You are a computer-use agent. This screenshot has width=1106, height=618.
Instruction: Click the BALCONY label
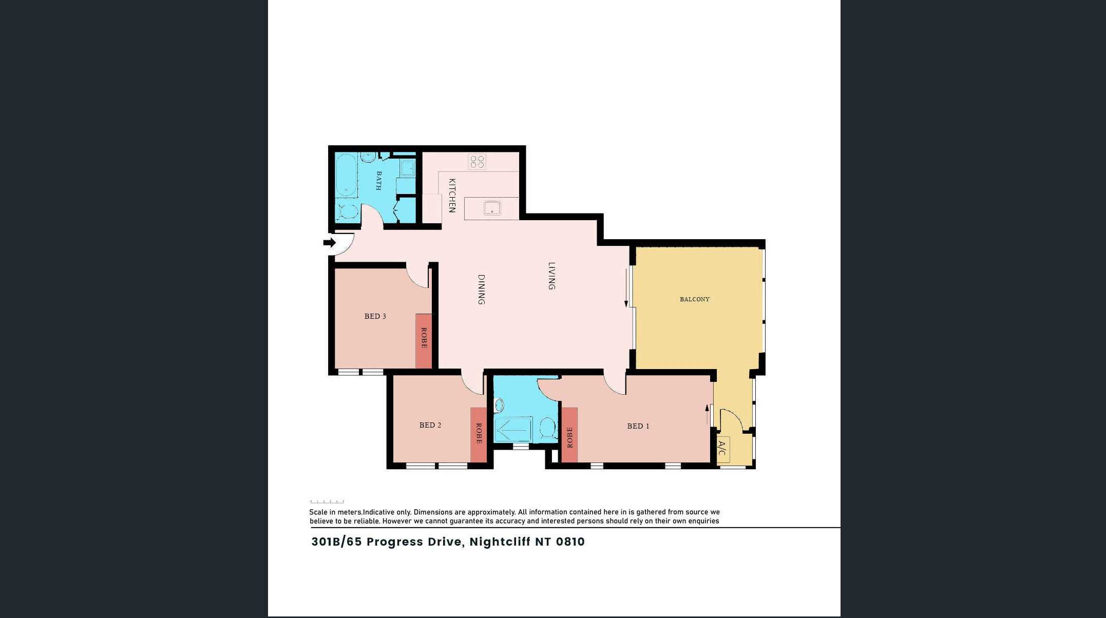click(x=694, y=299)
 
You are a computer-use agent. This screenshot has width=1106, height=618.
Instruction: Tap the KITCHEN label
click(x=452, y=196)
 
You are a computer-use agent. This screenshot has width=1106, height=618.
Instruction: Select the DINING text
click(x=481, y=289)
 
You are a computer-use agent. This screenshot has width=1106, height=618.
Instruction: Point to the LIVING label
click(x=551, y=276)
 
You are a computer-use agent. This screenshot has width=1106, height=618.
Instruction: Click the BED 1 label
click(x=638, y=426)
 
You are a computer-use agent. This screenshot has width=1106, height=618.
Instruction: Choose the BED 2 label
click(x=430, y=425)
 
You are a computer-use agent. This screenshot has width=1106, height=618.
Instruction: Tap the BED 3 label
click(x=375, y=316)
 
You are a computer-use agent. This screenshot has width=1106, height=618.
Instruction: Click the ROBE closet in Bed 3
click(x=424, y=341)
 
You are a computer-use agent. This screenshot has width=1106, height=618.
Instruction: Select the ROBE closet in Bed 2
click(x=479, y=435)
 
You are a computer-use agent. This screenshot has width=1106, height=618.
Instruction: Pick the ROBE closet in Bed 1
click(x=569, y=435)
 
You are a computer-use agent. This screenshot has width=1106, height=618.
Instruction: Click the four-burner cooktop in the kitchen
click(x=477, y=162)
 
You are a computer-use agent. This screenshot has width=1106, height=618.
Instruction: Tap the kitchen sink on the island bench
click(x=492, y=208)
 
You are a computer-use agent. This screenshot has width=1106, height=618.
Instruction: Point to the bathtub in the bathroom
click(x=347, y=175)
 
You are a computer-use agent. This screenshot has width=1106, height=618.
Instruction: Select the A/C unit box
click(x=722, y=449)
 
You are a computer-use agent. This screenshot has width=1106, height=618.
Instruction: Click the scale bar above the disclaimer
click(x=327, y=501)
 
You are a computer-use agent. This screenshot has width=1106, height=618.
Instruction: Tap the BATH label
click(x=379, y=181)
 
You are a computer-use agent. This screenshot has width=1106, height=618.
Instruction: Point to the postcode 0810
click(x=570, y=542)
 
